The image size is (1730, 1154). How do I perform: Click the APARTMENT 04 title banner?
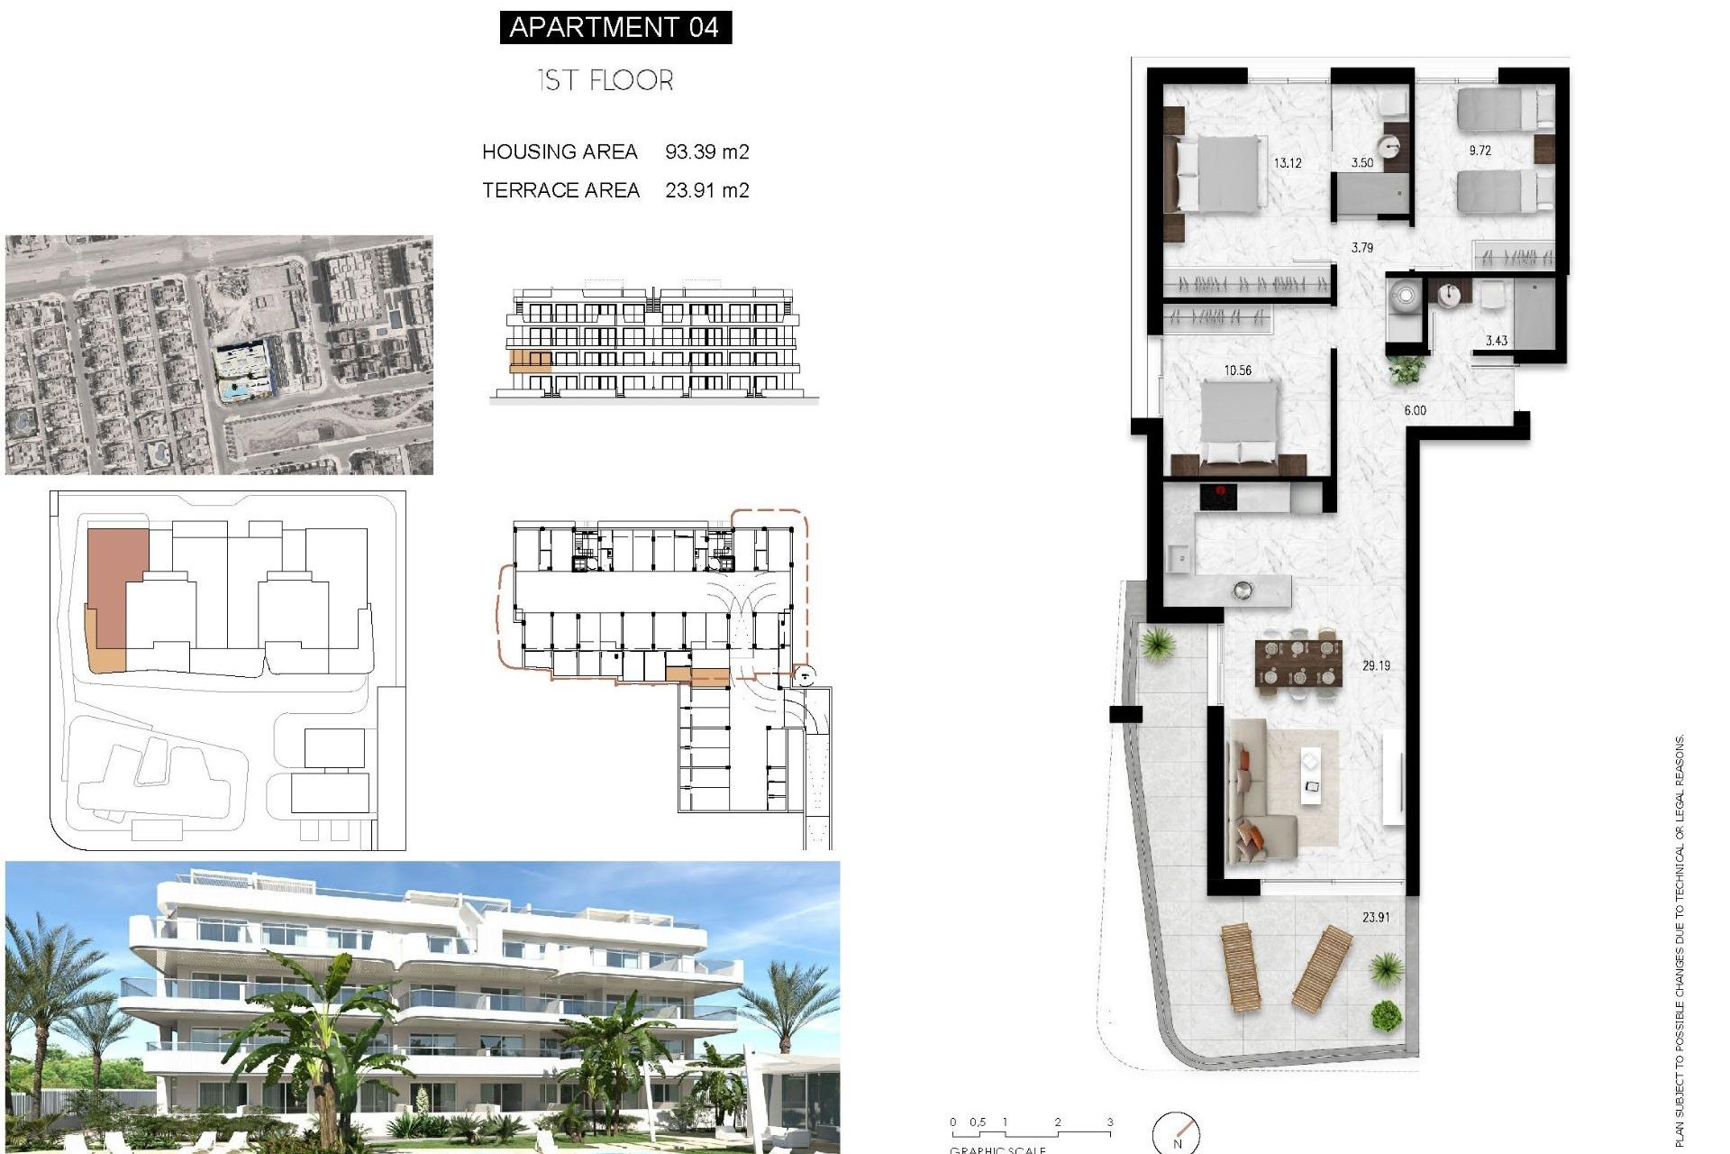[x=615, y=27]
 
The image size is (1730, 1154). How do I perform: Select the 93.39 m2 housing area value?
[x=706, y=151]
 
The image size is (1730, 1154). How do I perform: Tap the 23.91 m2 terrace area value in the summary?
[x=706, y=190]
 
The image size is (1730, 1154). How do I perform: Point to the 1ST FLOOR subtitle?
[x=605, y=80]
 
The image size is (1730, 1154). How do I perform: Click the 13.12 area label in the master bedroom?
[x=1287, y=163]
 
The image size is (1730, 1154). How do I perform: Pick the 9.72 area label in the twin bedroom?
[x=1480, y=151]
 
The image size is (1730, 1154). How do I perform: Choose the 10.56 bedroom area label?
[x=1237, y=370]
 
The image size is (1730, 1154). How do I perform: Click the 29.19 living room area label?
[x=1376, y=665]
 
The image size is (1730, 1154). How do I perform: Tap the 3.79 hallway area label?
[x=1361, y=247]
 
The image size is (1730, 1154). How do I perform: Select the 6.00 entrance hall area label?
[x=1415, y=410]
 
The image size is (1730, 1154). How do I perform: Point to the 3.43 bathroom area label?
[x=1496, y=340]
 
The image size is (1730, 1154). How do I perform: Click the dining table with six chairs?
[x=1297, y=663]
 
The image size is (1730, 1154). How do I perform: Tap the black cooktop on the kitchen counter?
[x=1217, y=496]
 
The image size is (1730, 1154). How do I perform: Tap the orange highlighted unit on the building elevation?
[x=531, y=362]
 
